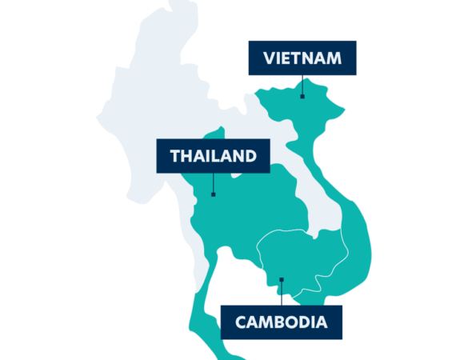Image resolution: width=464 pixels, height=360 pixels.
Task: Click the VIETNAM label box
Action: pos(302,58)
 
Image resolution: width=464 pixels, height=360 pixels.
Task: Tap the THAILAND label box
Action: pos(212,156)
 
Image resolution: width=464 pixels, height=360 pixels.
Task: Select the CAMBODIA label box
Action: pos(281,322)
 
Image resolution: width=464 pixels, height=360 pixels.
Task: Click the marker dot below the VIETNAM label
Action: pos(302,96)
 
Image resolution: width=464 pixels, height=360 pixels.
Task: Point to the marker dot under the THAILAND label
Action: pos(213,194)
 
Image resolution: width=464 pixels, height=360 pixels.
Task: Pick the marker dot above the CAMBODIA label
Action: pos(281,279)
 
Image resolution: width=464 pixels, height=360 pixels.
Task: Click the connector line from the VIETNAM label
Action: pos(302,86)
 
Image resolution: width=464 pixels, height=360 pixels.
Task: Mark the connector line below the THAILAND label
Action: pos(213,183)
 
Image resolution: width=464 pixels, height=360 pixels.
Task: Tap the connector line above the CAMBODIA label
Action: pos(281,292)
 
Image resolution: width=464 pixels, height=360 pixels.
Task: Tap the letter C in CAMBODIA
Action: pos(241,323)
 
